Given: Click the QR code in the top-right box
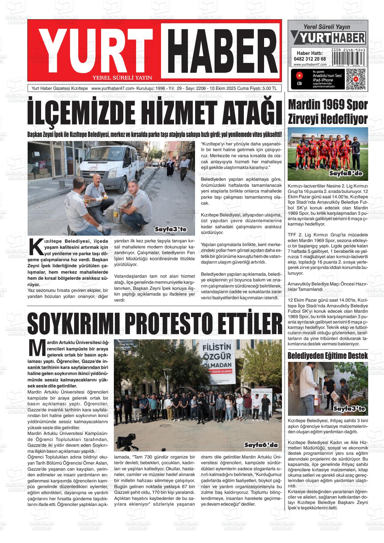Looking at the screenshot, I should tap(356, 79).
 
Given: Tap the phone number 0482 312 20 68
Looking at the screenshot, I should tap(310, 59).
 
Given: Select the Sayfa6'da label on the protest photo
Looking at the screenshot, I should tap(261, 445).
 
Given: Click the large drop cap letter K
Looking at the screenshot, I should tap(34, 248).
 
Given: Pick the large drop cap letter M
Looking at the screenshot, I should tap(36, 350).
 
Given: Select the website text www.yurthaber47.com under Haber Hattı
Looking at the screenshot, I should tap(310, 65).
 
